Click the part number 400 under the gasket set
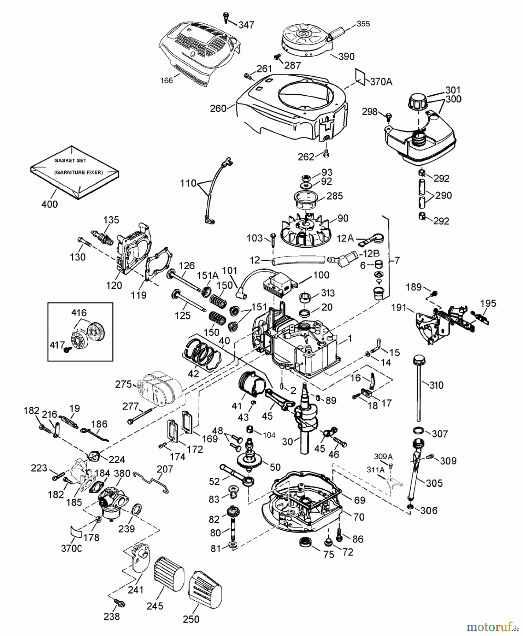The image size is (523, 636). click(x=49, y=204)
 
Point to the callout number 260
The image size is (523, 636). click(x=218, y=108)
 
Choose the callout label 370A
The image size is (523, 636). click(x=381, y=82)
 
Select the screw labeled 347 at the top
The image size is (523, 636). click(x=226, y=17)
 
